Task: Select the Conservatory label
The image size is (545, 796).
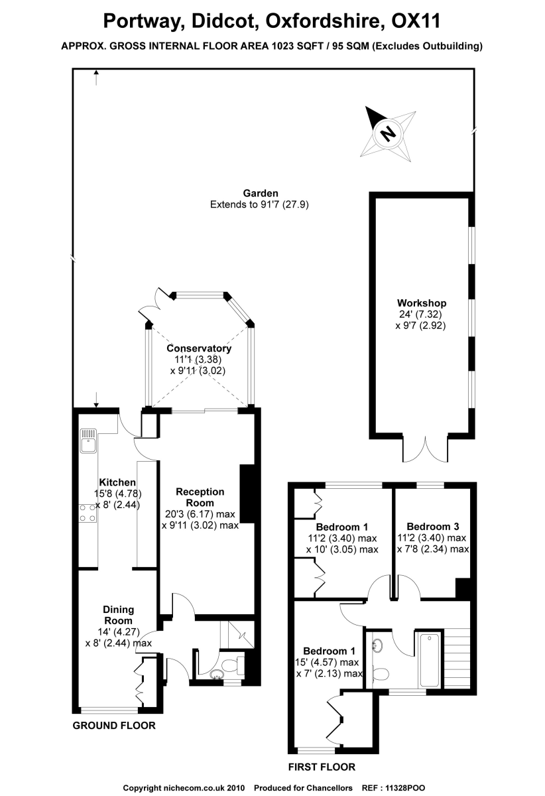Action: click(199, 348)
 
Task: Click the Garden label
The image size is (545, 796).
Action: click(260, 194)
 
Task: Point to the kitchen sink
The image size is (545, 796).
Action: click(88, 439)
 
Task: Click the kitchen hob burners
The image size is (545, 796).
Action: click(87, 512)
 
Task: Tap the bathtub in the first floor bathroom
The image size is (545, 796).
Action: click(428, 660)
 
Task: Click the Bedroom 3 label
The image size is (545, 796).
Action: click(432, 526)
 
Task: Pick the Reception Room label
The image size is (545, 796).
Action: click(200, 497)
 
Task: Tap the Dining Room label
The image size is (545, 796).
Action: click(119, 615)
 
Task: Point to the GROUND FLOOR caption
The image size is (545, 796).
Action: click(114, 726)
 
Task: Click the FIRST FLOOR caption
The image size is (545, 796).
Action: click(322, 767)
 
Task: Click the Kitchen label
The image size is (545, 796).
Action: click(117, 482)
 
